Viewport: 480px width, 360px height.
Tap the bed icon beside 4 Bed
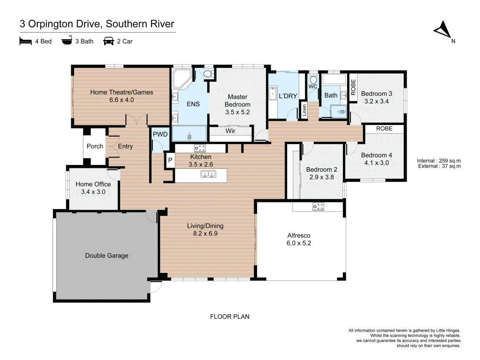pos(25,41)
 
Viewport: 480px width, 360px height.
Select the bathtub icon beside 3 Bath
pos(67,40)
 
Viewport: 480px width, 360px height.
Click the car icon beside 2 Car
pos(108,41)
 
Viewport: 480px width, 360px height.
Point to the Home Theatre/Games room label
pos(122,92)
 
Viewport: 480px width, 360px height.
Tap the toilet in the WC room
pos(313,79)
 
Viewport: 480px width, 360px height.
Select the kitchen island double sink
pos(208,174)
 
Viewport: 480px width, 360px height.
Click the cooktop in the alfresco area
pos(318,207)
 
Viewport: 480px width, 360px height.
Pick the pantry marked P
pos(170,160)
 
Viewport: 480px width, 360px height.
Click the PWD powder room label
pos(160,135)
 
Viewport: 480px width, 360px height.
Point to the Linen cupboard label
pos(304,110)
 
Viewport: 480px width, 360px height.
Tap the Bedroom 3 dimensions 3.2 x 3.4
pos(377,101)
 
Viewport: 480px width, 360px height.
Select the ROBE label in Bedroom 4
pos(384,129)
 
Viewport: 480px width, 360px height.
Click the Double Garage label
pos(107,255)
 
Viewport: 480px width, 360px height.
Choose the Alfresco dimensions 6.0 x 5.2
pos(299,243)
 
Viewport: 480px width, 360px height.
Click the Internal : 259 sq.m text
pos(439,161)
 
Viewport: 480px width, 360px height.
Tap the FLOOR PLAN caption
pos(230,317)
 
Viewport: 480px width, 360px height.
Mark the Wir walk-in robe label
pos(230,131)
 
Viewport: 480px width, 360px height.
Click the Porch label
pos(95,146)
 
